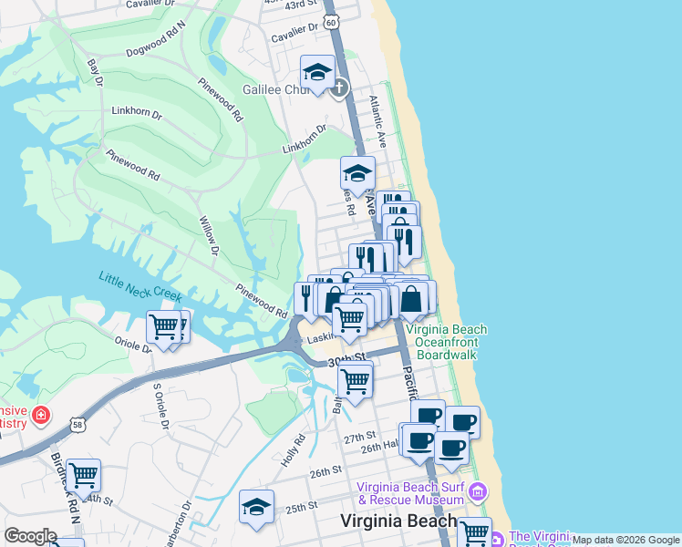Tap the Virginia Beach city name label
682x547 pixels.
(398, 521)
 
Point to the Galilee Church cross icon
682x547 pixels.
(339, 88)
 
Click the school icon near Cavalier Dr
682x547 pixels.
(316, 72)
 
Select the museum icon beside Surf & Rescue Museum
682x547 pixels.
(477, 494)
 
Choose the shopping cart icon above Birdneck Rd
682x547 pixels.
(83, 474)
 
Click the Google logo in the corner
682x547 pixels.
(30, 535)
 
